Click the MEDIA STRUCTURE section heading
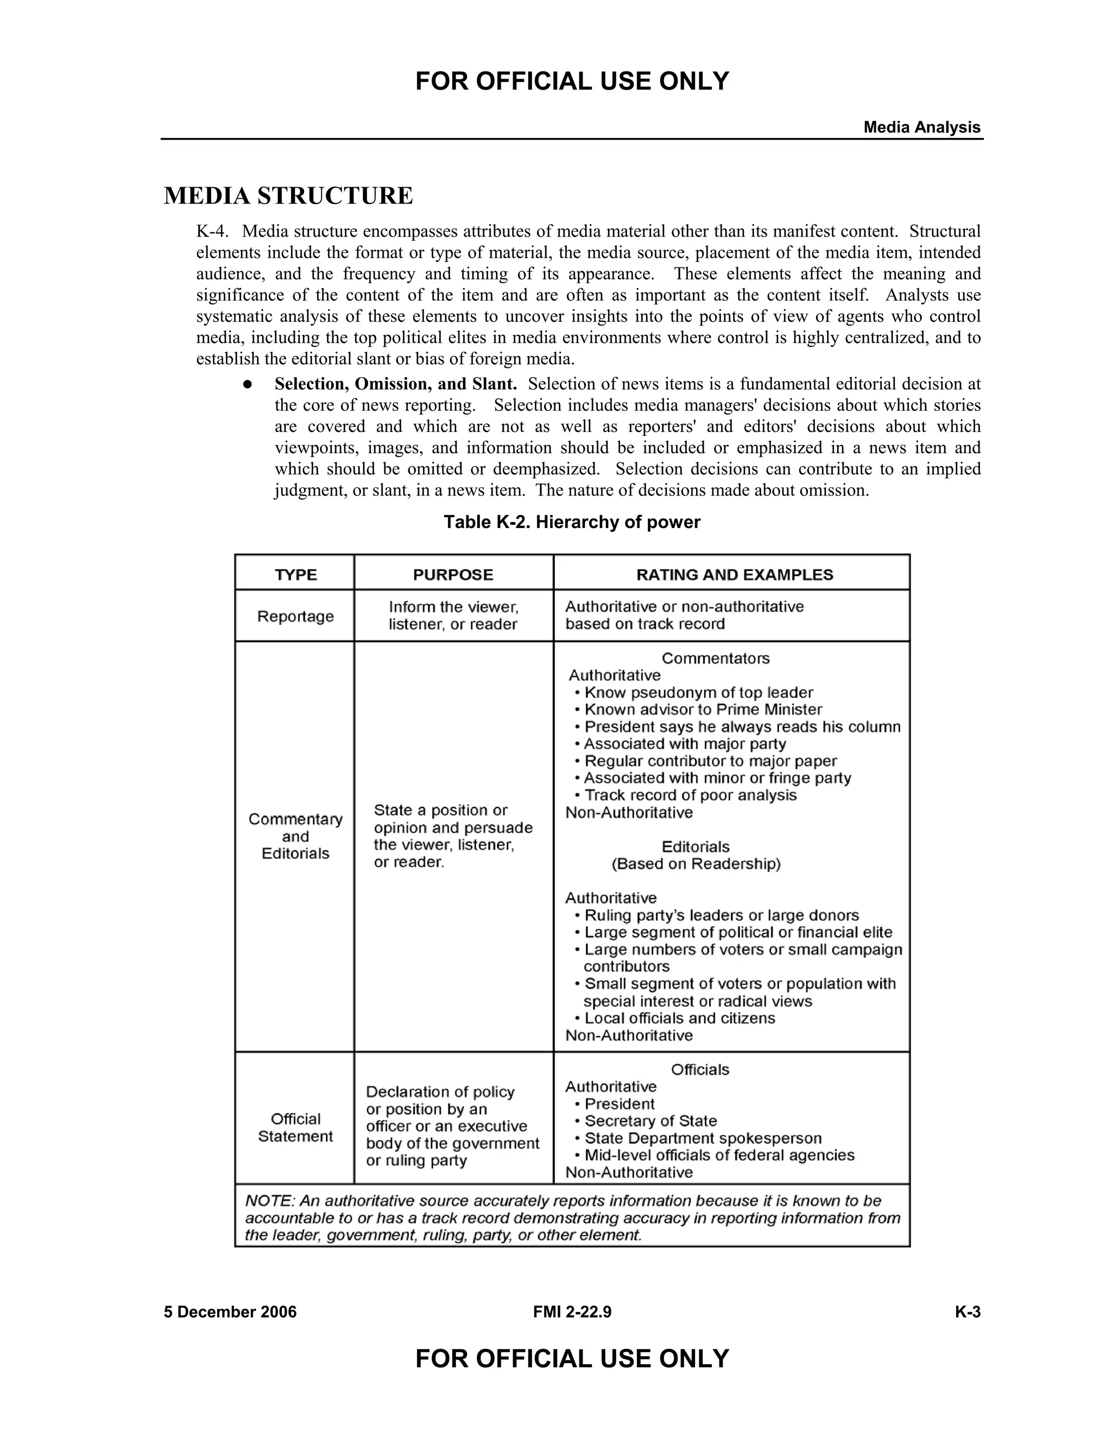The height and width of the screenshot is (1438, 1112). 288,196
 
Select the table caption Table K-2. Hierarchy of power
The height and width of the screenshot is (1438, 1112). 571,522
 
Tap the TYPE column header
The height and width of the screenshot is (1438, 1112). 296,575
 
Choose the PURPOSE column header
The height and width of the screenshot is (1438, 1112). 453,575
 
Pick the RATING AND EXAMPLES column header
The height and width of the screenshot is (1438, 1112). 734,575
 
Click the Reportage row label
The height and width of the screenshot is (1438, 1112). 295,616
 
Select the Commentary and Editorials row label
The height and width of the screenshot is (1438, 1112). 295,836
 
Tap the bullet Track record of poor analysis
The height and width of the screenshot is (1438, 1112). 691,795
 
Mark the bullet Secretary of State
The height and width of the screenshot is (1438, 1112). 650,1121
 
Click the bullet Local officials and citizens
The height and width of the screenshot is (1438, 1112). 679,1018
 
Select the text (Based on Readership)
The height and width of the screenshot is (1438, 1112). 696,864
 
